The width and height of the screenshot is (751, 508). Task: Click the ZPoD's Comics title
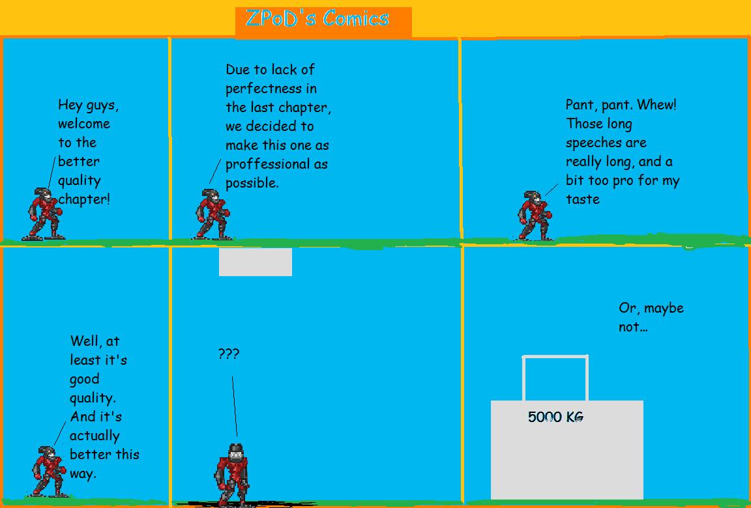[x=317, y=19]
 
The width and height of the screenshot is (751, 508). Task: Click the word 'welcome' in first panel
[x=84, y=124]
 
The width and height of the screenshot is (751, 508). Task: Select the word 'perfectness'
[x=263, y=89]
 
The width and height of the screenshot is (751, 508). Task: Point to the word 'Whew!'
[x=656, y=105]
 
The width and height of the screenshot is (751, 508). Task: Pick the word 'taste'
[x=582, y=199]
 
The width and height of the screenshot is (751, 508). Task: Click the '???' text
[x=228, y=354]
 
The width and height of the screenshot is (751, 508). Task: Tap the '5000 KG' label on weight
[x=555, y=417]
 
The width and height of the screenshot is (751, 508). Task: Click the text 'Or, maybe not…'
[x=651, y=317]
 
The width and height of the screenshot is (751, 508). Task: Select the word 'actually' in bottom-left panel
[x=95, y=436]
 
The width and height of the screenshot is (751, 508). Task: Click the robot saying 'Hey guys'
[x=42, y=214]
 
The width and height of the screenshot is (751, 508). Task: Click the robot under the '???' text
[x=233, y=473]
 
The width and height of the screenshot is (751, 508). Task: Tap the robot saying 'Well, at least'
[x=49, y=471]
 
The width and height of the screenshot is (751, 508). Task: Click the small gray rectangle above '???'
[x=255, y=261]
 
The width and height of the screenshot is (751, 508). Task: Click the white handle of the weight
[x=555, y=358]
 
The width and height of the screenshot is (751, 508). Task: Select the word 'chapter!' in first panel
[x=84, y=199]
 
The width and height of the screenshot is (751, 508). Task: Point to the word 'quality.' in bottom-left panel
[x=93, y=398]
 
